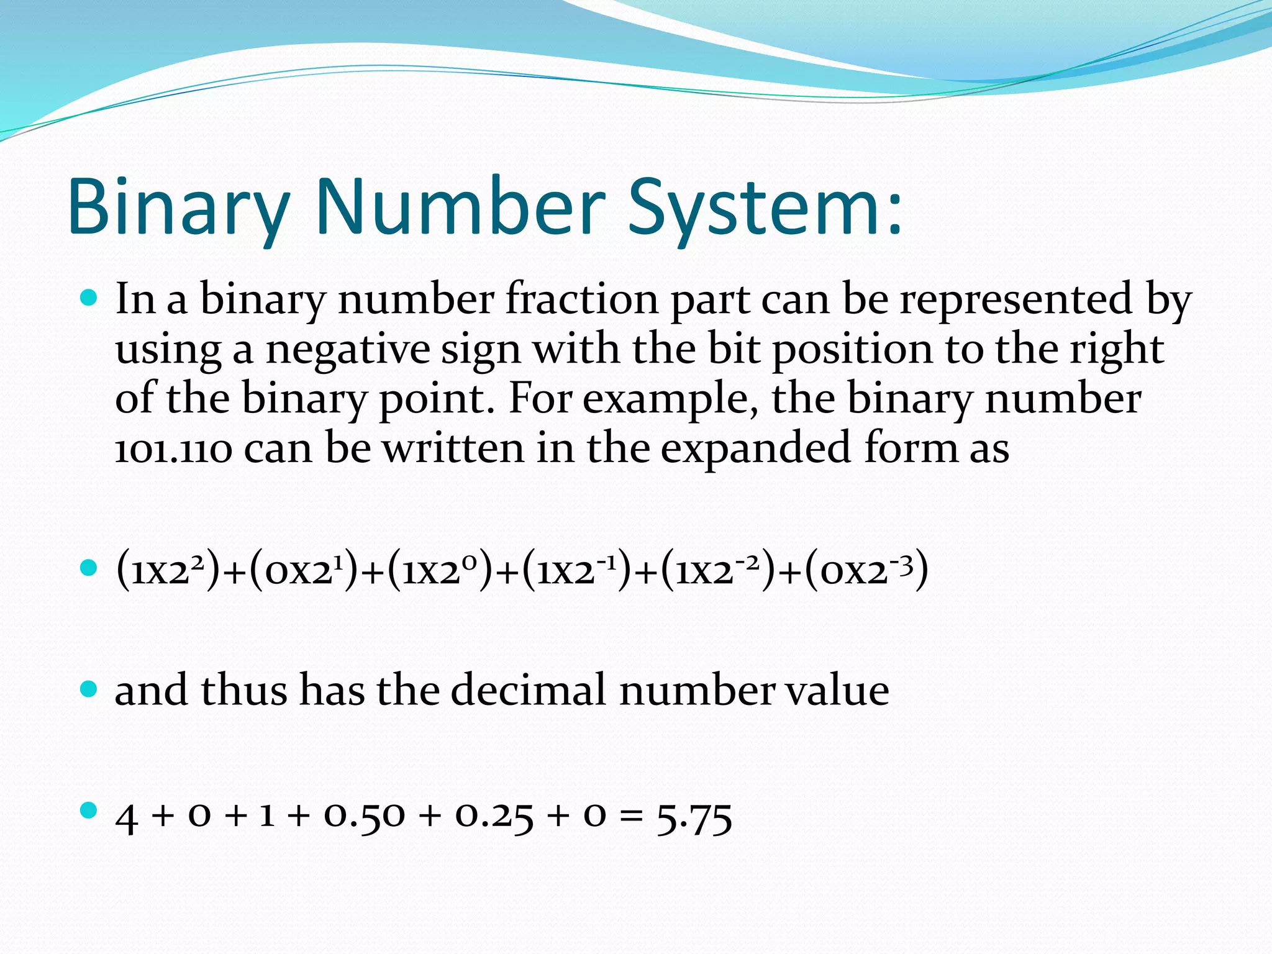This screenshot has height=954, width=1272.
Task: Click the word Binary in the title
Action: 179,207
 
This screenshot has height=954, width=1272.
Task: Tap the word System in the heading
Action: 765,207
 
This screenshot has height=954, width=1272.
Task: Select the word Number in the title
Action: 460,207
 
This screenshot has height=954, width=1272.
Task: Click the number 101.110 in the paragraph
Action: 173,448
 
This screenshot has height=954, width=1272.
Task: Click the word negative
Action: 348,349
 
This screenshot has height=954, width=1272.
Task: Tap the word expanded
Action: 755,448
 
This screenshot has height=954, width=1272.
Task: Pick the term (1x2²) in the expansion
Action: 168,570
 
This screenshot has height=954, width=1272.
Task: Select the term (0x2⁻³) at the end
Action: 866,570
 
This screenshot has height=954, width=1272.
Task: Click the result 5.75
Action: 694,817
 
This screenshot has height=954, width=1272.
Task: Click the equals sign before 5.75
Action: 631,817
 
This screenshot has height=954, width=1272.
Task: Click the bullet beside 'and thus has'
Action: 89,689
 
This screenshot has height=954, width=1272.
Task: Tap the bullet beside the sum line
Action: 89,810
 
